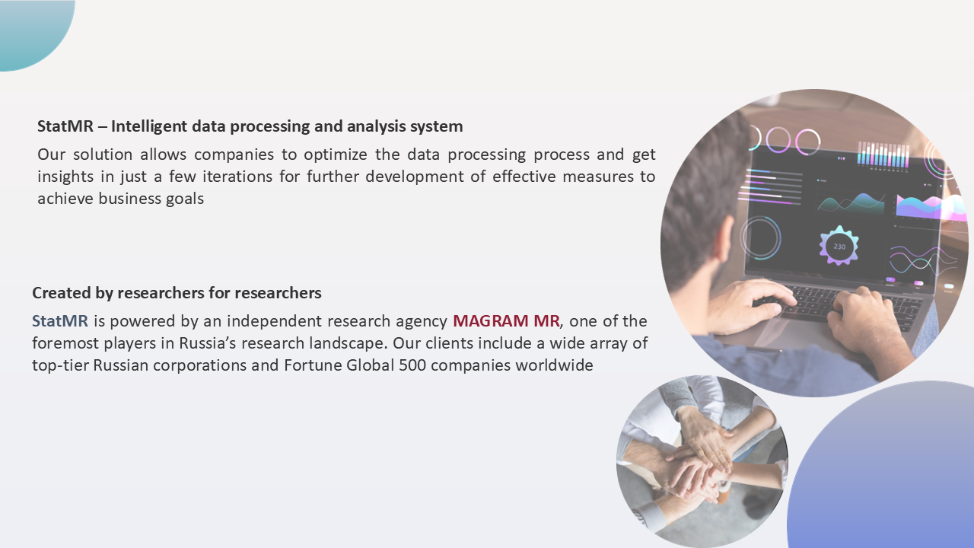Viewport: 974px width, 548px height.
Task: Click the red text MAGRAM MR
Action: [x=506, y=321]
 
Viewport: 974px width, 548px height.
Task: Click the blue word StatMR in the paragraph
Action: [x=60, y=321]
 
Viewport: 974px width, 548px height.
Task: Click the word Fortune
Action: [x=313, y=365]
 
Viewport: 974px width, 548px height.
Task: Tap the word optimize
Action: [x=336, y=155]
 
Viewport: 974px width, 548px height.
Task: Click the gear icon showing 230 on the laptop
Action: [x=839, y=246]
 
